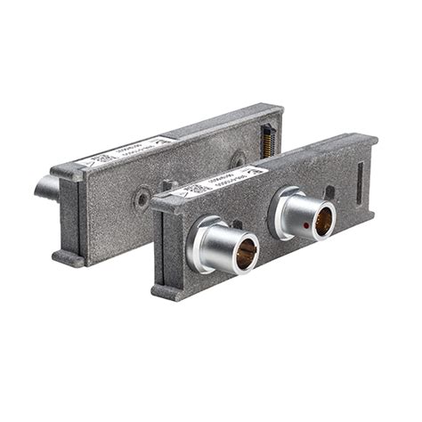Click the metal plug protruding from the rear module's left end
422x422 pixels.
click(46, 187)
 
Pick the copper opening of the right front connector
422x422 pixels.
click(322, 220)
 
